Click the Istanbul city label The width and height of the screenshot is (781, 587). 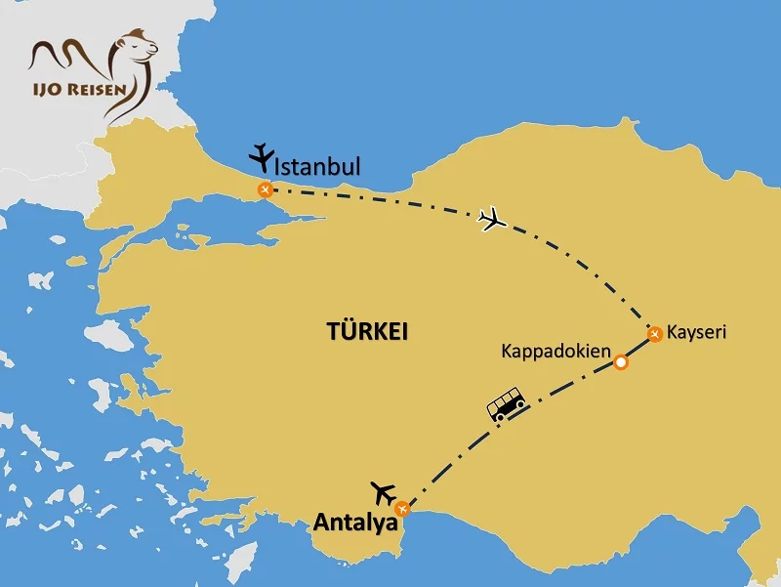(318, 167)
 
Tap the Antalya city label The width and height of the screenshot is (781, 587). (355, 524)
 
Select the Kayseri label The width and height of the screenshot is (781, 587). (698, 333)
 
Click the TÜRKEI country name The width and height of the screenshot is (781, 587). (367, 332)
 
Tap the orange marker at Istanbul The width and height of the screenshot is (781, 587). (265, 189)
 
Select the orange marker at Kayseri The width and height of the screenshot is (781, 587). (655, 335)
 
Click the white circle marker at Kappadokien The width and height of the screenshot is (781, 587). (620, 363)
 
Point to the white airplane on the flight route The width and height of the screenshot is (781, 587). (494, 220)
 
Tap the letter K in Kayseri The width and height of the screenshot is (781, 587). (676, 333)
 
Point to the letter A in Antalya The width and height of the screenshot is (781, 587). (321, 524)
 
